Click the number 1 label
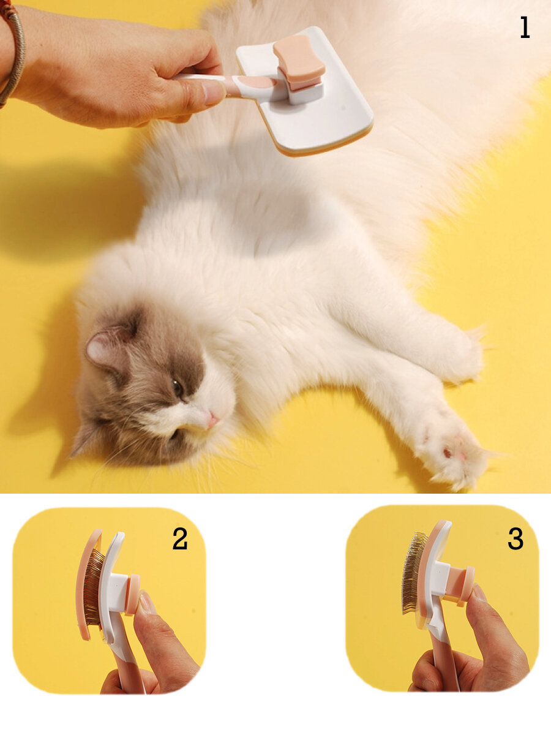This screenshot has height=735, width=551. [x=525, y=28]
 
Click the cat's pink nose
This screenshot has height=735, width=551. [x=212, y=419]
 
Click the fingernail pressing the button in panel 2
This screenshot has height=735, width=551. [x=146, y=603]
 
